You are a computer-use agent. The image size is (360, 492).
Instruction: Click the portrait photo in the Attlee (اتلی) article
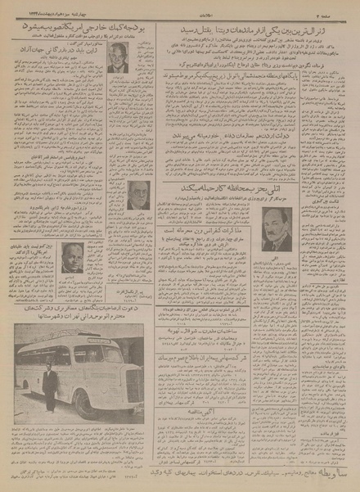281,231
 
